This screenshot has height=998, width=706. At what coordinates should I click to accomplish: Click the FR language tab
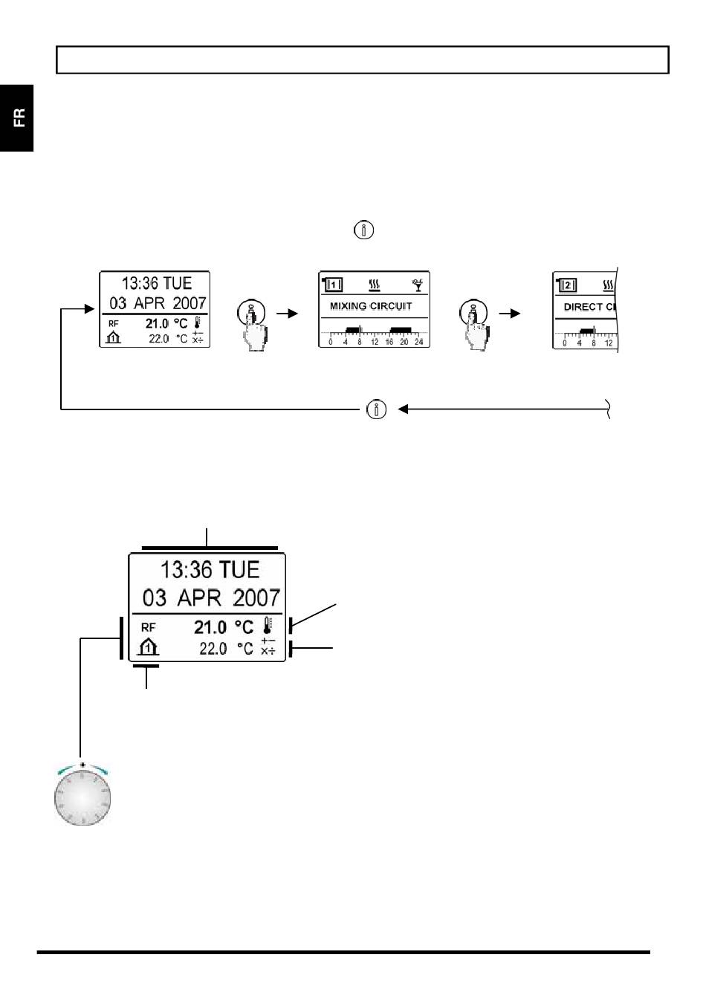18,117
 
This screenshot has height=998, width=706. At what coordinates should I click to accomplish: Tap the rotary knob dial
82,797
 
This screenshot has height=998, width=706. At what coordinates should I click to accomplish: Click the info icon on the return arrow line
377,409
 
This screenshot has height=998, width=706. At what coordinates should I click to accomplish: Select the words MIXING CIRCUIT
371,306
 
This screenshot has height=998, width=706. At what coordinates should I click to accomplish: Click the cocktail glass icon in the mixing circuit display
418,284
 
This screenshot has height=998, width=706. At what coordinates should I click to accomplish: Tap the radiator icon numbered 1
332,285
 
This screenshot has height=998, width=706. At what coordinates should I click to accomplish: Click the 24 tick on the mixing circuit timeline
418,342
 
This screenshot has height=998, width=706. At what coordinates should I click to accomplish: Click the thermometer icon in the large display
268,625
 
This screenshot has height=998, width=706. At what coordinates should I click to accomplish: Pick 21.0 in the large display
210,627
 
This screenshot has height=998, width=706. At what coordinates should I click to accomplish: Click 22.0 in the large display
213,649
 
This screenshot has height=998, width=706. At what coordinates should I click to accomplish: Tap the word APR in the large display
200,598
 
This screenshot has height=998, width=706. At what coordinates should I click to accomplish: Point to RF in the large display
148,627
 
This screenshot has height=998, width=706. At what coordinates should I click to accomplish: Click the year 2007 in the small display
189,303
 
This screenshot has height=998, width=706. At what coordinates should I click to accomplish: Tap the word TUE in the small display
178,283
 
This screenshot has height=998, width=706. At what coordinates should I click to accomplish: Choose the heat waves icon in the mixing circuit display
375,284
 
